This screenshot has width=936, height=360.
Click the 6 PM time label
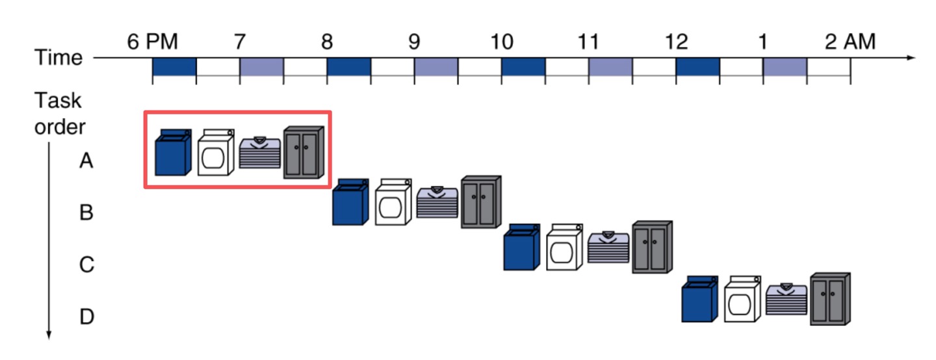pyautogui.click(x=153, y=42)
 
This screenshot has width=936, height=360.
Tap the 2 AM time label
pyautogui.click(x=850, y=42)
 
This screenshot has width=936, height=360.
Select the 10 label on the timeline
pyautogui.click(x=502, y=42)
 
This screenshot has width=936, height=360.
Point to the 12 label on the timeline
pyautogui.click(x=676, y=42)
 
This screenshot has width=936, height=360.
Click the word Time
pyautogui.click(x=59, y=58)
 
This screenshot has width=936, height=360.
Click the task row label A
pyautogui.click(x=86, y=161)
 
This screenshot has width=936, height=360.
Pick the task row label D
pyautogui.click(x=86, y=318)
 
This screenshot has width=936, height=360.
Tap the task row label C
pyautogui.click(x=86, y=265)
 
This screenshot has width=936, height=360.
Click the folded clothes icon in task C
pyautogui.click(x=608, y=247)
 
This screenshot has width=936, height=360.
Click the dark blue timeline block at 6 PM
pyautogui.click(x=174, y=66)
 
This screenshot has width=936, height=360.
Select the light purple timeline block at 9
pyautogui.click(x=435, y=66)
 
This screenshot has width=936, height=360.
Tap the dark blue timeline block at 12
pyautogui.click(x=697, y=66)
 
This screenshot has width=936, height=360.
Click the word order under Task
pyautogui.click(x=60, y=127)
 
